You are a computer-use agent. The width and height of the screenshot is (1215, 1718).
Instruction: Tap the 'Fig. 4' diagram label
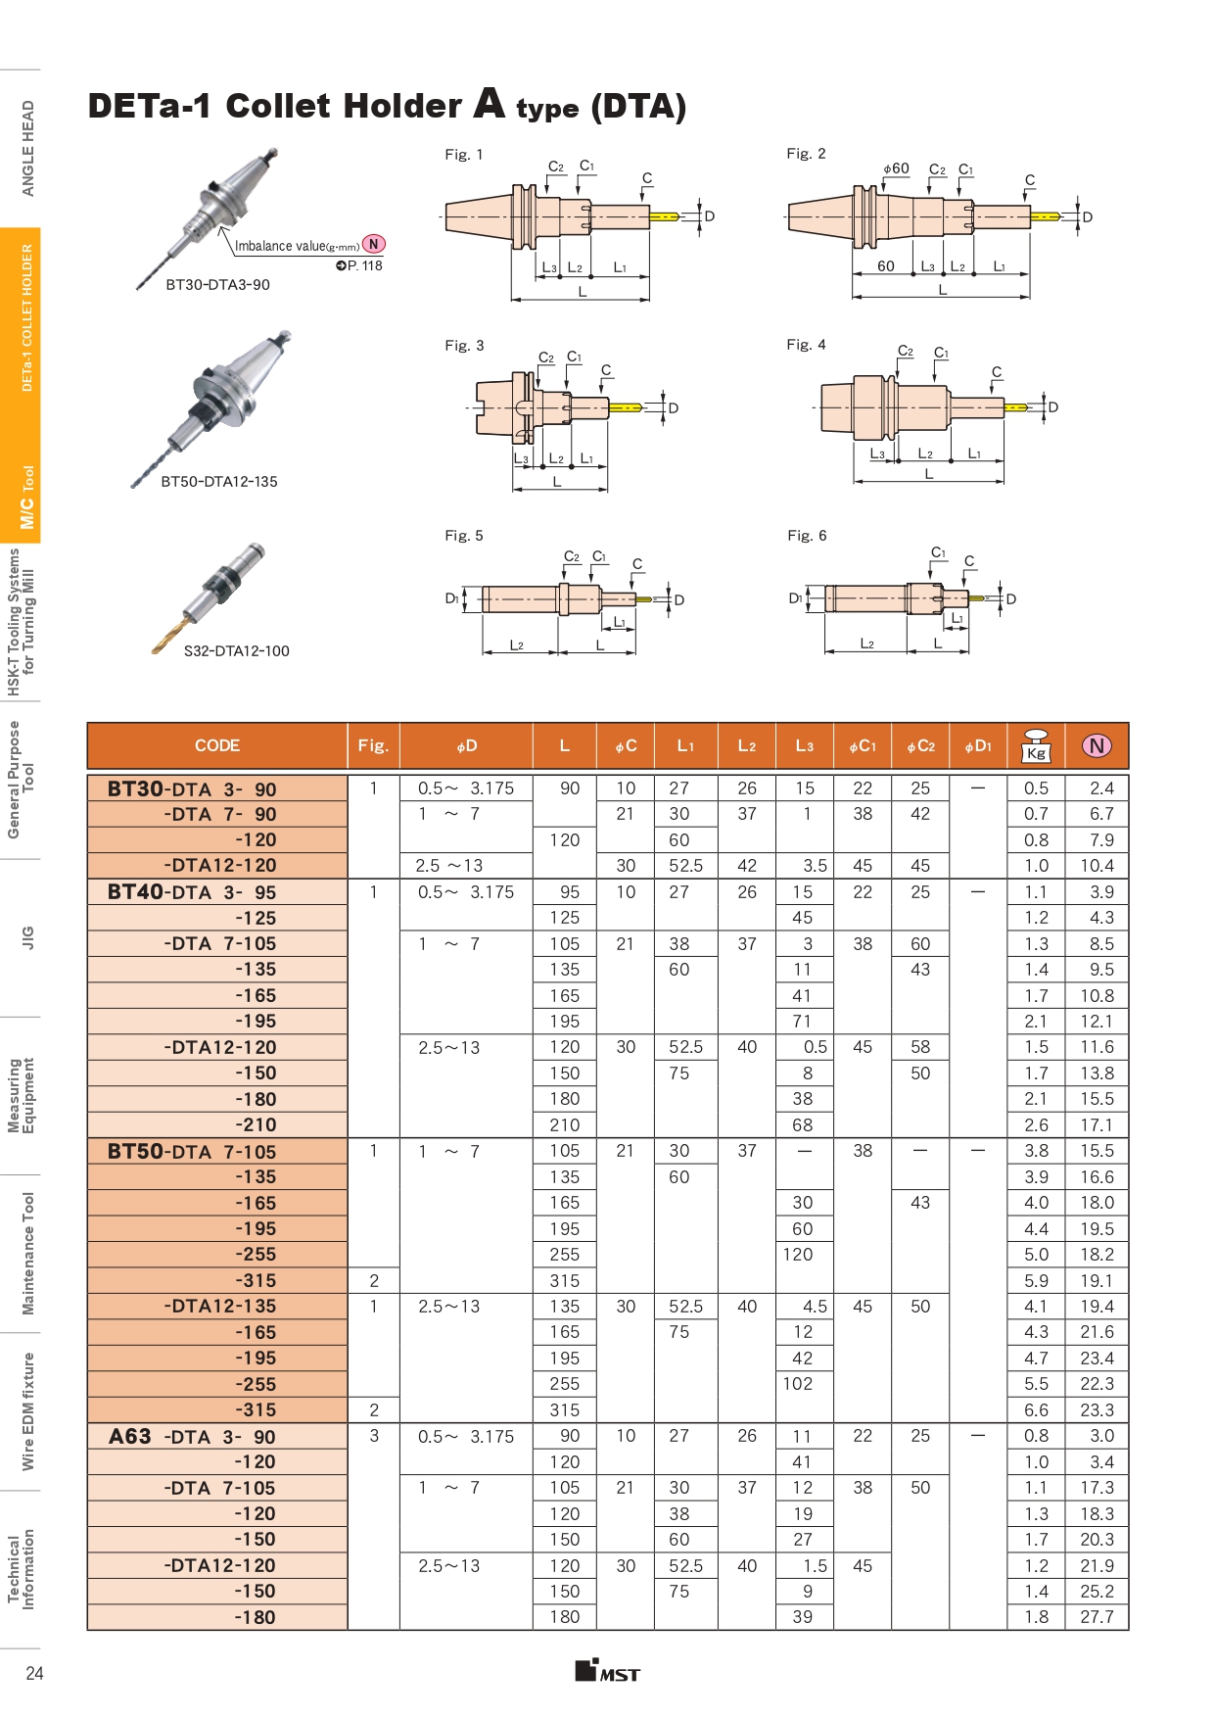[x=806, y=345]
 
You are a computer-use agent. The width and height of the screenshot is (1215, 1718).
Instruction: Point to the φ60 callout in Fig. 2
[x=896, y=168]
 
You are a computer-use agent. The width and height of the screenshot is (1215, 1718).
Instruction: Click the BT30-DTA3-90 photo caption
[x=217, y=285]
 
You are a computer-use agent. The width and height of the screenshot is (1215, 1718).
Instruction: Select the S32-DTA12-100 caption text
[x=236, y=651]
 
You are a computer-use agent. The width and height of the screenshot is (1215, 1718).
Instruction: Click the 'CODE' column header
[x=217, y=745]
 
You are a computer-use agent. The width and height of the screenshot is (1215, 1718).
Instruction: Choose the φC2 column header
[x=920, y=746]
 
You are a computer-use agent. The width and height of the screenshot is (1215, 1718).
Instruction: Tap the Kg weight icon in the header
[x=1036, y=746]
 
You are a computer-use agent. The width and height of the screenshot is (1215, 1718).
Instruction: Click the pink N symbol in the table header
[x=1097, y=746]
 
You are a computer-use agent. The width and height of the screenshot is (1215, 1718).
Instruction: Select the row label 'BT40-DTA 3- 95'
[x=192, y=892]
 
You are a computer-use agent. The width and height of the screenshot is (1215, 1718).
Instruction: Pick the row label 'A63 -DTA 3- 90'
[x=192, y=1437]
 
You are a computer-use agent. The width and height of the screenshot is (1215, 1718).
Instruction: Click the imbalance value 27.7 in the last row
[x=1097, y=1617]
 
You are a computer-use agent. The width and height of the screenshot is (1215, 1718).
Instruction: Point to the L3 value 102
[x=798, y=1384]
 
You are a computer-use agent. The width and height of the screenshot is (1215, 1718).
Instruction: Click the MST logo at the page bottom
[x=607, y=1671]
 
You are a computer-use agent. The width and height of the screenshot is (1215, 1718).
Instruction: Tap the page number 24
[x=34, y=1673]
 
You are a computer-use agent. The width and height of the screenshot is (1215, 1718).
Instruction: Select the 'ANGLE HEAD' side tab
[x=27, y=148]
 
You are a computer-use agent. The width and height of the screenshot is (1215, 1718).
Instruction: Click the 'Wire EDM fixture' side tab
[x=27, y=1411]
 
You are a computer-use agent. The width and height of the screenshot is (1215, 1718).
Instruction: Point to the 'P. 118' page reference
[x=359, y=265]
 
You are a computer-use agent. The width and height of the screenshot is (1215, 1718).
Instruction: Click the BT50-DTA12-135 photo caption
[x=219, y=482]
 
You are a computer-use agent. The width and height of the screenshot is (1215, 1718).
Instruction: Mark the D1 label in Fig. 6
[x=795, y=598]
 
